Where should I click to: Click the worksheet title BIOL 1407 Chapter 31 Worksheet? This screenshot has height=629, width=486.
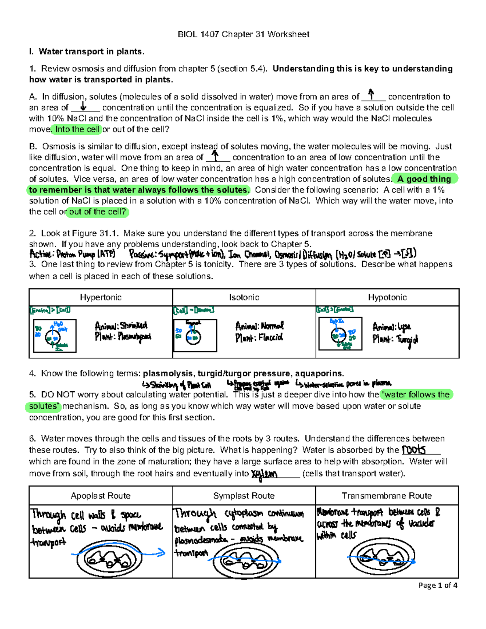243,34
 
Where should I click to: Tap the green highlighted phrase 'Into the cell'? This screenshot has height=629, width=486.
77,130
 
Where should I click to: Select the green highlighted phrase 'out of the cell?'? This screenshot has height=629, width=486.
98,212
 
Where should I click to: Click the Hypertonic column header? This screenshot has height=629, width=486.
100,297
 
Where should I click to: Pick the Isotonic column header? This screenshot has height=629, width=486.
244,297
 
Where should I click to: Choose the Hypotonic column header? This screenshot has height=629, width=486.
387,297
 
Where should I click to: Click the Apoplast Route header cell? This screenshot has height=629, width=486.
100,496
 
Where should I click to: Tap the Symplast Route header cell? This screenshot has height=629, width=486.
244,496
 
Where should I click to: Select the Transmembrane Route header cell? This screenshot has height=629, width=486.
387,496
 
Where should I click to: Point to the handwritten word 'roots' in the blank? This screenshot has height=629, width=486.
414,450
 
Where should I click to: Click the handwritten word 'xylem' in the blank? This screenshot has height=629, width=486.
264,474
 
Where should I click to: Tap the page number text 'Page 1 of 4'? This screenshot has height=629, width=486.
438,585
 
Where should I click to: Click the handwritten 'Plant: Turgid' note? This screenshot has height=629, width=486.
395,339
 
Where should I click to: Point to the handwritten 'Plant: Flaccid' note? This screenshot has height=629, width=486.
259,337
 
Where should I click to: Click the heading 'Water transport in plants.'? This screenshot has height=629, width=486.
91,51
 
